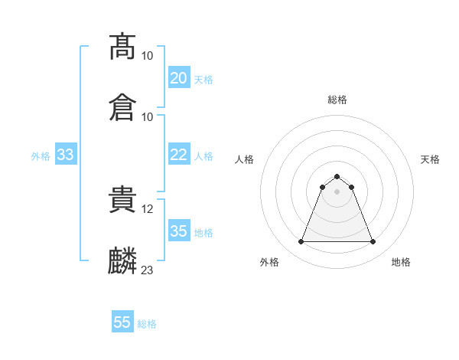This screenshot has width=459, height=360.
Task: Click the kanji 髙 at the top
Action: (123, 47)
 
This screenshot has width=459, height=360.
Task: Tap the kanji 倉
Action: (123, 106)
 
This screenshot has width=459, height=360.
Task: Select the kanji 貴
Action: (123, 200)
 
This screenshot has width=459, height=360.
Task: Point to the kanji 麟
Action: (123, 260)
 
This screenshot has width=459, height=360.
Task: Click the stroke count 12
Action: (148, 208)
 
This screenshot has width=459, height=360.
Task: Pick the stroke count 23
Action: (148, 270)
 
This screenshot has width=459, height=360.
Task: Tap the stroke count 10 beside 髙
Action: (148, 56)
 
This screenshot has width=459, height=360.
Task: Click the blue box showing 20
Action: (178, 78)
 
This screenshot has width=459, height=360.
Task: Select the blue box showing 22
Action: (178, 155)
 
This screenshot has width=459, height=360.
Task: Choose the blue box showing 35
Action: (178, 231)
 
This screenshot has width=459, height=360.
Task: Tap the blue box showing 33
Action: (66, 155)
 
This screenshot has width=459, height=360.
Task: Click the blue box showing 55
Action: (122, 322)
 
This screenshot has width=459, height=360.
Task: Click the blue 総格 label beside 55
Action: (147, 324)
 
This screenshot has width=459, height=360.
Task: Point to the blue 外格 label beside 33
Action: (41, 156)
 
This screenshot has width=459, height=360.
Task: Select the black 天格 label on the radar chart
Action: (430, 159)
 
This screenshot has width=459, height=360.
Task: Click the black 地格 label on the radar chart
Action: (401, 262)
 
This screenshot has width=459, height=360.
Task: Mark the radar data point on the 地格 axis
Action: (373, 242)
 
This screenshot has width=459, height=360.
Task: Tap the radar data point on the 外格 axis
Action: (301, 242)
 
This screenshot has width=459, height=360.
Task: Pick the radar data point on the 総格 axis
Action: (337, 176)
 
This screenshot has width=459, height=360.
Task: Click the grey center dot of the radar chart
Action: (337, 191)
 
